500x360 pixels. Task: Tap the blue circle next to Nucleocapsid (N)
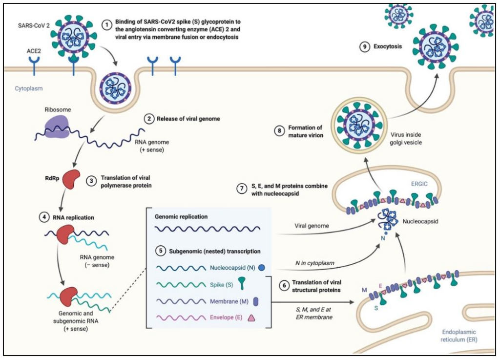(262, 268)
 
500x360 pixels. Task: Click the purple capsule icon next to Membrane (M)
(255, 302)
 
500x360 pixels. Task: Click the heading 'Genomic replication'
(181, 215)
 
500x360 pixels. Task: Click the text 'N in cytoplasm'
(314, 263)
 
